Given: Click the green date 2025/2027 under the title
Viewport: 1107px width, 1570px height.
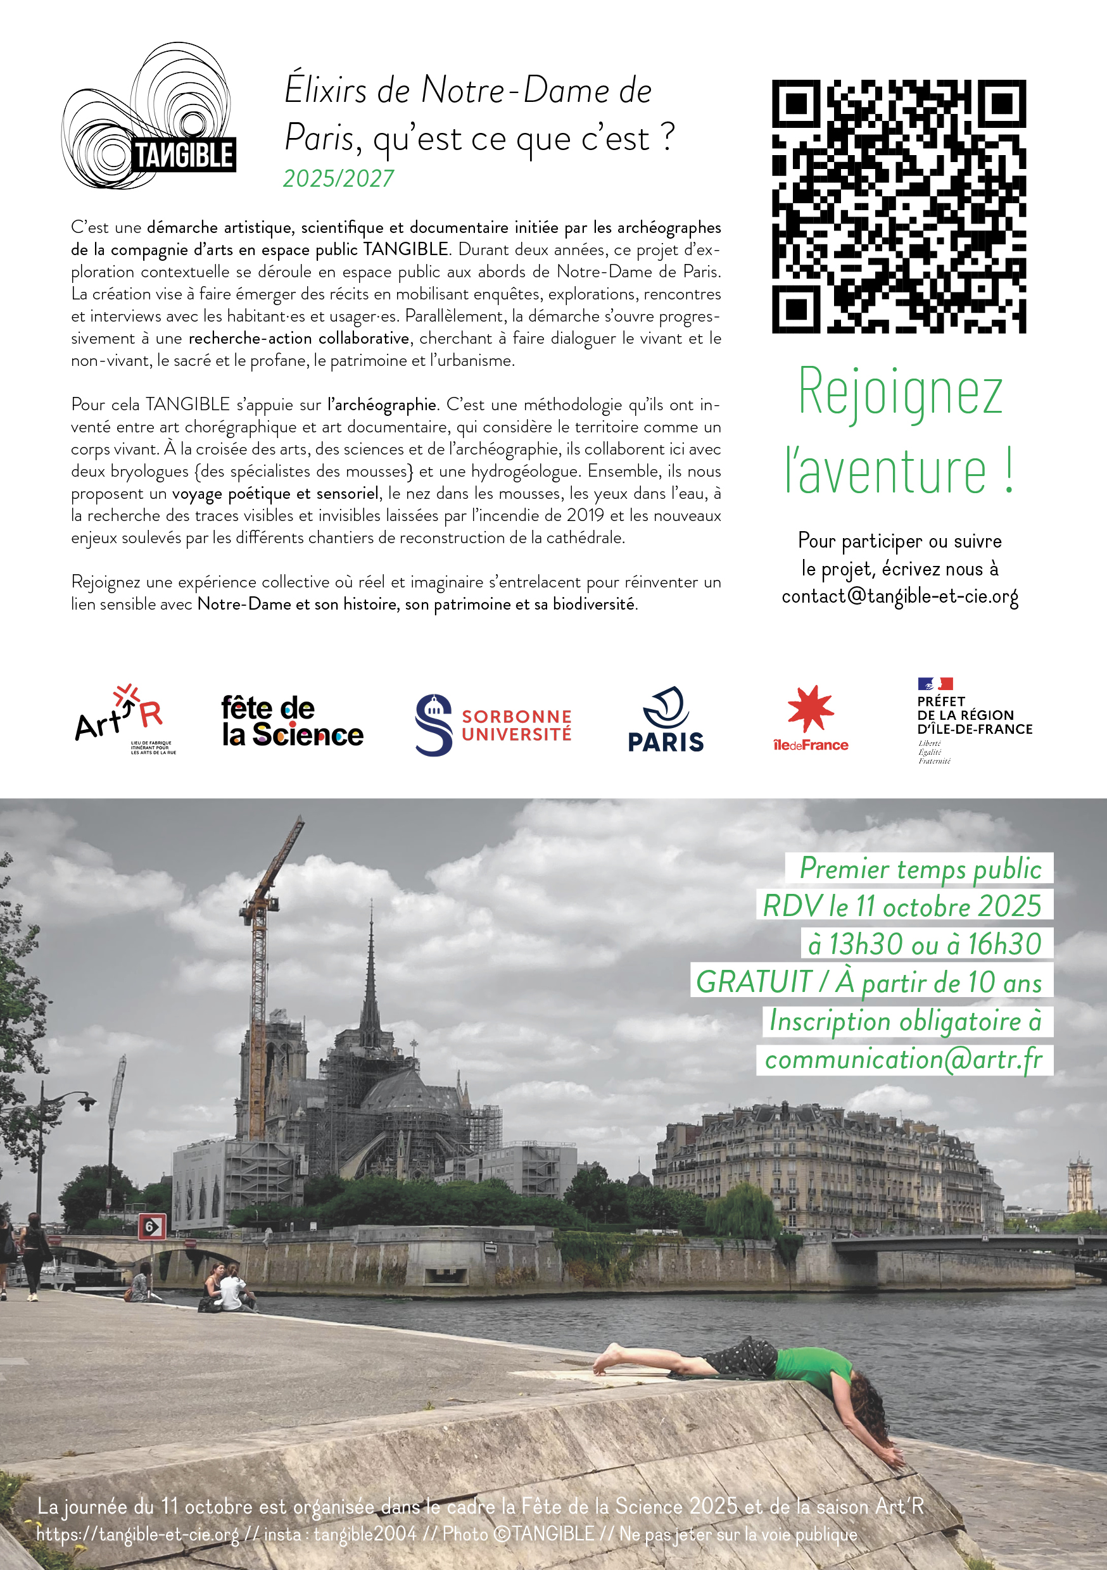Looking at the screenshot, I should pos(338,179).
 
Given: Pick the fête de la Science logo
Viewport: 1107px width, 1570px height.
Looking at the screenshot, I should pos(292,722).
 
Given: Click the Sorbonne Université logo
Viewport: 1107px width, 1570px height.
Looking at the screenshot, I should pos(493,725).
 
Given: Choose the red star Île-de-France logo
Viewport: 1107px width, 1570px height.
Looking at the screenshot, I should pos(811,719).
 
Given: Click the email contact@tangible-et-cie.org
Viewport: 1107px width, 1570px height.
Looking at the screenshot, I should pos(900,597).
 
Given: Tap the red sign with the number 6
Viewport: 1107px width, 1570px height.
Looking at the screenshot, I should pos(151,1226).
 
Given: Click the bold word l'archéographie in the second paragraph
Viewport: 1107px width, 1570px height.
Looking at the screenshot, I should pos(382,405).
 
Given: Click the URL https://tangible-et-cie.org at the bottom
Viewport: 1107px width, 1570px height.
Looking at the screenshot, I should pos(137,1534).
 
